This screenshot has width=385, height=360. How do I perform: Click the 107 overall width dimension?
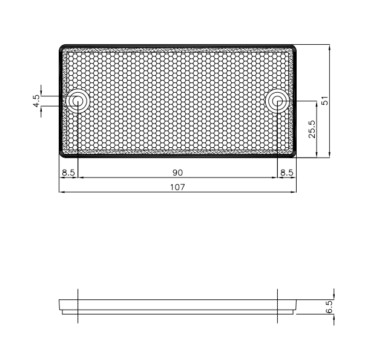pos(177,187)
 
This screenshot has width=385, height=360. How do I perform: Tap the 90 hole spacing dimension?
pos(177,173)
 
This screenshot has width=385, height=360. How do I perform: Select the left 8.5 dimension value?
pos(68,173)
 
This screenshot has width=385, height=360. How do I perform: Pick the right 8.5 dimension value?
pos(287,173)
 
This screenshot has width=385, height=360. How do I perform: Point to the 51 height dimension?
pos(324,101)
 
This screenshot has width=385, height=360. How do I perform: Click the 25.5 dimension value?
pos(312,129)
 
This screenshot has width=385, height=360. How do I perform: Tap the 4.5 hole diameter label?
pos(36,101)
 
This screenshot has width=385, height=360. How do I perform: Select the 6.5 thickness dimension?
pos(329,307)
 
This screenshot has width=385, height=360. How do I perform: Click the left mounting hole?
pos(77,101)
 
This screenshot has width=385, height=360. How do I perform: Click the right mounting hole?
pos(277,101)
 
